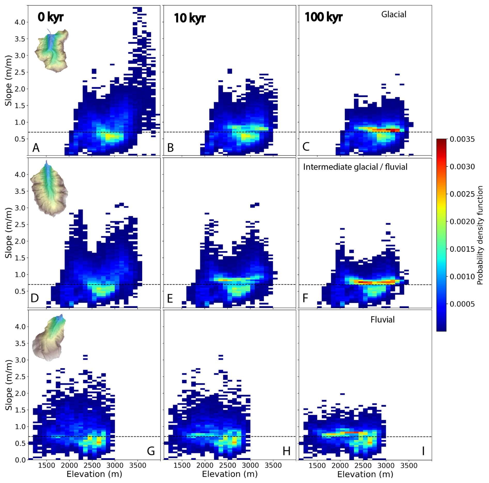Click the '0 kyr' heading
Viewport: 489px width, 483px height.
50,17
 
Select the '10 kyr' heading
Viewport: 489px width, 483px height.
189,18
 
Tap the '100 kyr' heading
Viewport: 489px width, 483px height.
323,17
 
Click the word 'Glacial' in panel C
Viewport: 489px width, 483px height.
394,14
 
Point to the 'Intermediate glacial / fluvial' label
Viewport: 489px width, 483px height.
355,167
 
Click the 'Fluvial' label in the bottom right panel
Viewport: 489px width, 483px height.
383,320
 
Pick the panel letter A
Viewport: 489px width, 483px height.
36,148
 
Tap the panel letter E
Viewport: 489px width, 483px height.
170,299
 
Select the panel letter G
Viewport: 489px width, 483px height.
151,451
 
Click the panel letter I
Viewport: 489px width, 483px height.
423,451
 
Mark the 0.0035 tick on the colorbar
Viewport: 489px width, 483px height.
462,139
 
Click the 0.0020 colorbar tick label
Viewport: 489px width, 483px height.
462,222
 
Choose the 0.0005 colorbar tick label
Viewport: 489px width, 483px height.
462,304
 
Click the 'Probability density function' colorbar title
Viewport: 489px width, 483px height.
480,235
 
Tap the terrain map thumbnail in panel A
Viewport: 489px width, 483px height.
52,51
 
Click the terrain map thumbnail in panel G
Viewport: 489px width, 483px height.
49,338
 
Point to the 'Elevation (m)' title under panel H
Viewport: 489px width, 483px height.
230,474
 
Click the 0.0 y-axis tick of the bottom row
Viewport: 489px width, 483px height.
20,460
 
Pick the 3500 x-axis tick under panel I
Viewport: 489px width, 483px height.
409,465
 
